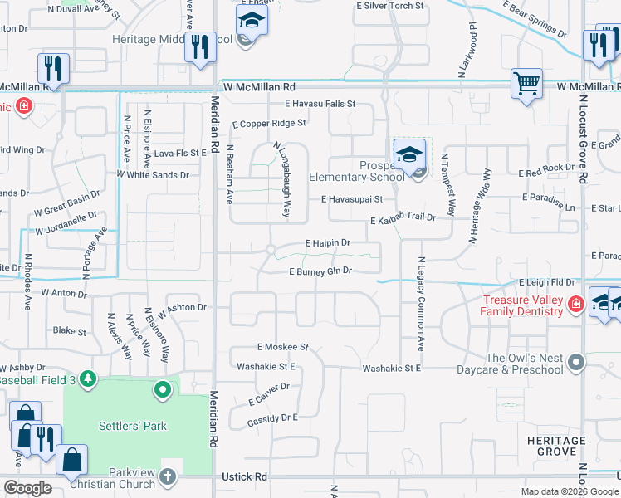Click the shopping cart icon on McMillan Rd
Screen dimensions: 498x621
(x=526, y=83)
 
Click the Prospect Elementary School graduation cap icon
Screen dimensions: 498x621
(x=409, y=155)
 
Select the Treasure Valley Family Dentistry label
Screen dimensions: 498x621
(x=528, y=306)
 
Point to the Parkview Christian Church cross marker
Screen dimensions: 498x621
(x=169, y=476)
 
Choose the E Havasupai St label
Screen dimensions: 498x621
(x=352, y=199)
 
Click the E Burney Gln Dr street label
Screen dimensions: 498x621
(x=320, y=271)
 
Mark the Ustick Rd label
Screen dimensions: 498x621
(x=244, y=477)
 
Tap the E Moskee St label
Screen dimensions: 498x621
(x=282, y=346)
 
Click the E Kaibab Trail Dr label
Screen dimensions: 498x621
(x=403, y=218)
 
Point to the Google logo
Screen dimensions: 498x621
(x=27, y=488)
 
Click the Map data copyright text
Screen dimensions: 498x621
(x=570, y=491)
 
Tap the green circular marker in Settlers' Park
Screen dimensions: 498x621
(x=164, y=388)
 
